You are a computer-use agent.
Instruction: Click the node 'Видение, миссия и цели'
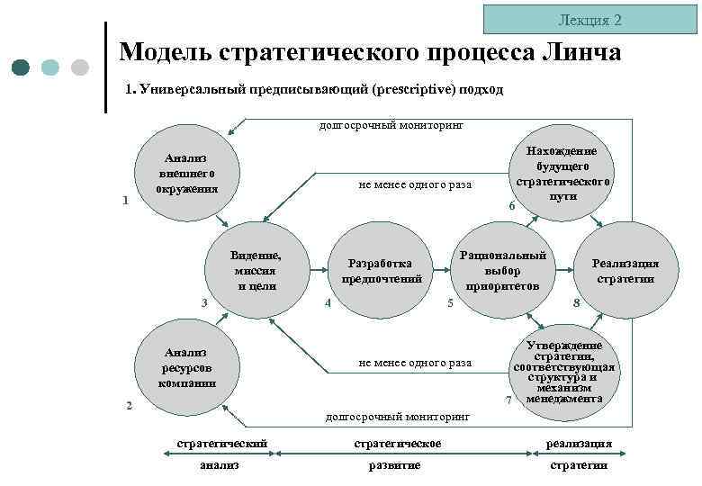(x=256, y=270)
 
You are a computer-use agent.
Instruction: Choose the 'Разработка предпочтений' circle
(x=382, y=270)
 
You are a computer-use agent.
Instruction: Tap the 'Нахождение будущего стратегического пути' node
(x=562, y=173)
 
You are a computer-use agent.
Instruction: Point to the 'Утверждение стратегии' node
(x=562, y=370)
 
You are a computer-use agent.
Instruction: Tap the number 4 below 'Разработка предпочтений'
(x=328, y=302)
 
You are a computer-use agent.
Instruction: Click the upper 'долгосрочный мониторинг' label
(x=391, y=126)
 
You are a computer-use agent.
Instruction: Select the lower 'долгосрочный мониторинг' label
(x=397, y=417)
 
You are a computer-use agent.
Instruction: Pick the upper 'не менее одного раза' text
(x=415, y=184)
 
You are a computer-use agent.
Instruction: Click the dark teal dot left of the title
(x=22, y=67)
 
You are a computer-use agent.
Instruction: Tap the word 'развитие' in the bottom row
(x=395, y=464)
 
